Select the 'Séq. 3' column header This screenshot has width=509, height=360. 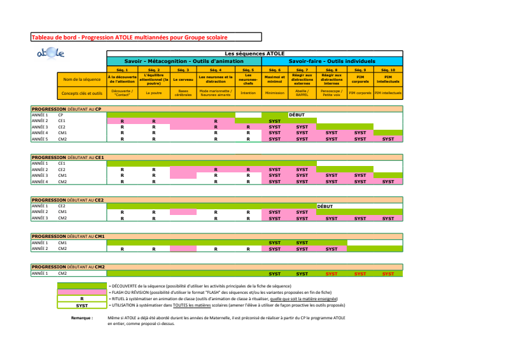[x=183, y=69]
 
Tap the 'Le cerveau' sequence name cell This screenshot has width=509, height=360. [x=183, y=80]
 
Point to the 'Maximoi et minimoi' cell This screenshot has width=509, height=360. [x=274, y=80]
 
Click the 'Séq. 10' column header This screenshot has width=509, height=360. [x=388, y=69]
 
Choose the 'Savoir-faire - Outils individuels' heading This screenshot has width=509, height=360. [x=331, y=61]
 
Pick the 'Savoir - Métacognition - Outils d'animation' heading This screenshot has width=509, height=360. [x=184, y=61]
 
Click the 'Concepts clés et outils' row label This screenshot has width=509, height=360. [x=82, y=93]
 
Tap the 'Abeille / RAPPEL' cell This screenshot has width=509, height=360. [x=302, y=93]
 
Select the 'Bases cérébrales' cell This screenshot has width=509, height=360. [x=183, y=93]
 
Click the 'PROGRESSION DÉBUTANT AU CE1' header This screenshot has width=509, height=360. [x=68, y=156]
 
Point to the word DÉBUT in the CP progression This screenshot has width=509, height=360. [x=297, y=115]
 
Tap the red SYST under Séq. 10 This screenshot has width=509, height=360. [x=388, y=273]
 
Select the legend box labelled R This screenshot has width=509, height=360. [x=82, y=298]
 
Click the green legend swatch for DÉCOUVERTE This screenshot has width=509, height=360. [x=82, y=286]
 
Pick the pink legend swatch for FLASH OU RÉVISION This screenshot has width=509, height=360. [x=82, y=293]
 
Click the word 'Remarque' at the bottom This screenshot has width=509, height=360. [x=82, y=317]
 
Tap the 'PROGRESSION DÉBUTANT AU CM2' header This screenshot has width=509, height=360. [x=68, y=267]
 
